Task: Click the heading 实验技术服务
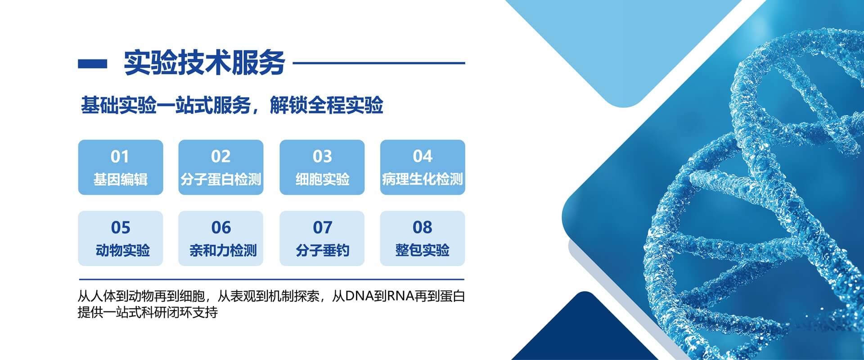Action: point(204,63)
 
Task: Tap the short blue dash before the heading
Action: point(93,63)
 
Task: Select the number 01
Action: point(120,157)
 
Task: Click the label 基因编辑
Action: point(120,180)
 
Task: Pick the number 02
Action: point(221,157)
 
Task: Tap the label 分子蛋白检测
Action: point(221,180)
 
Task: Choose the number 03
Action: point(322,157)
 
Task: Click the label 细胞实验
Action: point(322,180)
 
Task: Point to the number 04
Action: point(423,156)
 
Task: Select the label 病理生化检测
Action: point(423,180)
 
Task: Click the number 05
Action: point(121,228)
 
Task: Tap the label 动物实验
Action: point(122,250)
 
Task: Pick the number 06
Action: point(221,228)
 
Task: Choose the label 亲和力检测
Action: point(223,250)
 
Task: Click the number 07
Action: point(322,228)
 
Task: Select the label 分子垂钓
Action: point(322,250)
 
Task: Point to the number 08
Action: point(423,227)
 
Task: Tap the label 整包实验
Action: point(423,250)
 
